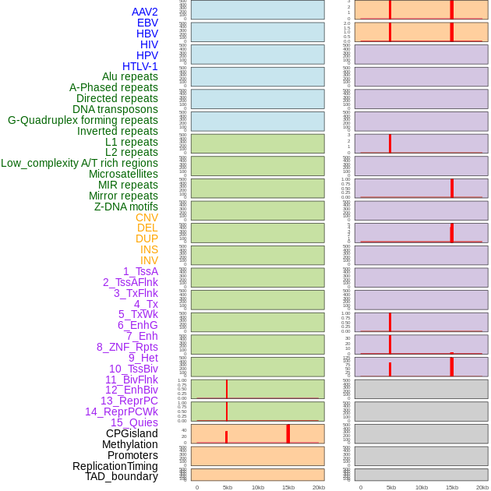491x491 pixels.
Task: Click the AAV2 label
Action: tap(144, 12)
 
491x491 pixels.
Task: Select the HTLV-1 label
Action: tap(140, 66)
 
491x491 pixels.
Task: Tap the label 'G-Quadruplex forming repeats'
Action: tap(83, 120)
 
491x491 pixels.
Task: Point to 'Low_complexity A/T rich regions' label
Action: tap(79, 163)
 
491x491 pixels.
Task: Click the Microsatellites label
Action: tap(123, 174)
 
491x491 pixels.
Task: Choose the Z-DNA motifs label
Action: tap(126, 207)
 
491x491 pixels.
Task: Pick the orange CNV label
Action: tap(147, 217)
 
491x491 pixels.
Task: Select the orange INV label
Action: tap(149, 260)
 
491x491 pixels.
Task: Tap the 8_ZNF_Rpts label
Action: tap(127, 347)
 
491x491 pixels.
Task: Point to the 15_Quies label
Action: tap(134, 422)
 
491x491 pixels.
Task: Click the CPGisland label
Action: tap(132, 433)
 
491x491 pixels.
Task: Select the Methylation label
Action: tap(130, 444)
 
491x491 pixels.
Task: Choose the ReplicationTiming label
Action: tap(115, 466)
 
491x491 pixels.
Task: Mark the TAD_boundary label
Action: tap(122, 476)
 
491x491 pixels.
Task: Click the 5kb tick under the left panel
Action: tap(228, 487)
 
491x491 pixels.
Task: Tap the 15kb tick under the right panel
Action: tap(452, 487)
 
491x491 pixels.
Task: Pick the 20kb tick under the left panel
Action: tap(319, 487)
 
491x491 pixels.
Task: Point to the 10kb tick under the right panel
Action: tap(422, 487)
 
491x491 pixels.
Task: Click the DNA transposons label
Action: tap(115, 109)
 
